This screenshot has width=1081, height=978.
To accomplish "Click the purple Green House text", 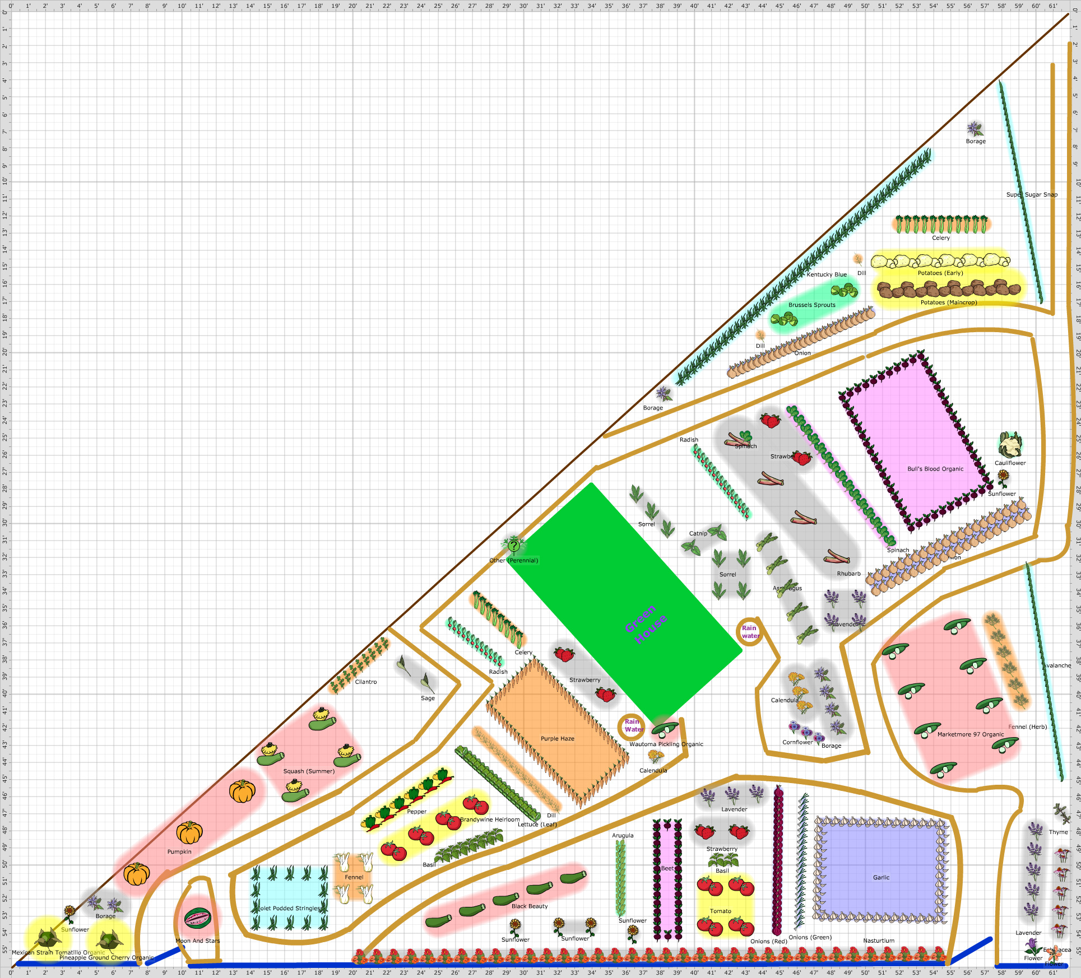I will tap(646, 624).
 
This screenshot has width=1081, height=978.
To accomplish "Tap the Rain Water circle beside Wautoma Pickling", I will tap(632, 726).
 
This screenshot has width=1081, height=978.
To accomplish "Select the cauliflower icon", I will tap(1010, 445).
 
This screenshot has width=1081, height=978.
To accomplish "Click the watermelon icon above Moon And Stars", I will tap(197, 918).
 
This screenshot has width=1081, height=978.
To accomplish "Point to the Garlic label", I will tap(881, 878).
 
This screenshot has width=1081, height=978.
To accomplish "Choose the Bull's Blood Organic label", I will tap(935, 469).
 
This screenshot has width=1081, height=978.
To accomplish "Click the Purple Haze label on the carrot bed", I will tap(557, 738).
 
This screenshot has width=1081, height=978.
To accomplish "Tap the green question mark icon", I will tap(513, 544).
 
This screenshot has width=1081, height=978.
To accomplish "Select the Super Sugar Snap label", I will tap(1032, 194).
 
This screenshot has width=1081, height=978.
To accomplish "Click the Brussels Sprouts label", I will tap(811, 305).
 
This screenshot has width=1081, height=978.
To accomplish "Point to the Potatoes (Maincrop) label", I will tap(948, 302).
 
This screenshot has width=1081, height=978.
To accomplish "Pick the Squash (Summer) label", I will tap(309, 771).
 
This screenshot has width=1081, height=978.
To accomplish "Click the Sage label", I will tap(428, 698).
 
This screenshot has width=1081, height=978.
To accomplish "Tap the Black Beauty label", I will tap(530, 906).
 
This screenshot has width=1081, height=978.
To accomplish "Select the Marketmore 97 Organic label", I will tap(971, 734).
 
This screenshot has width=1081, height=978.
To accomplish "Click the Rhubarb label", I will tap(848, 574).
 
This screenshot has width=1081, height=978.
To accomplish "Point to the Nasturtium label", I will tap(879, 940).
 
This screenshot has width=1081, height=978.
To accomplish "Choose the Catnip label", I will tap(698, 533).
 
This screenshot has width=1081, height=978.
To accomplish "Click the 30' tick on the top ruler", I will tap(523, 6).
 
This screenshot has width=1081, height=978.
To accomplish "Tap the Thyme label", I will tap(1058, 832).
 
